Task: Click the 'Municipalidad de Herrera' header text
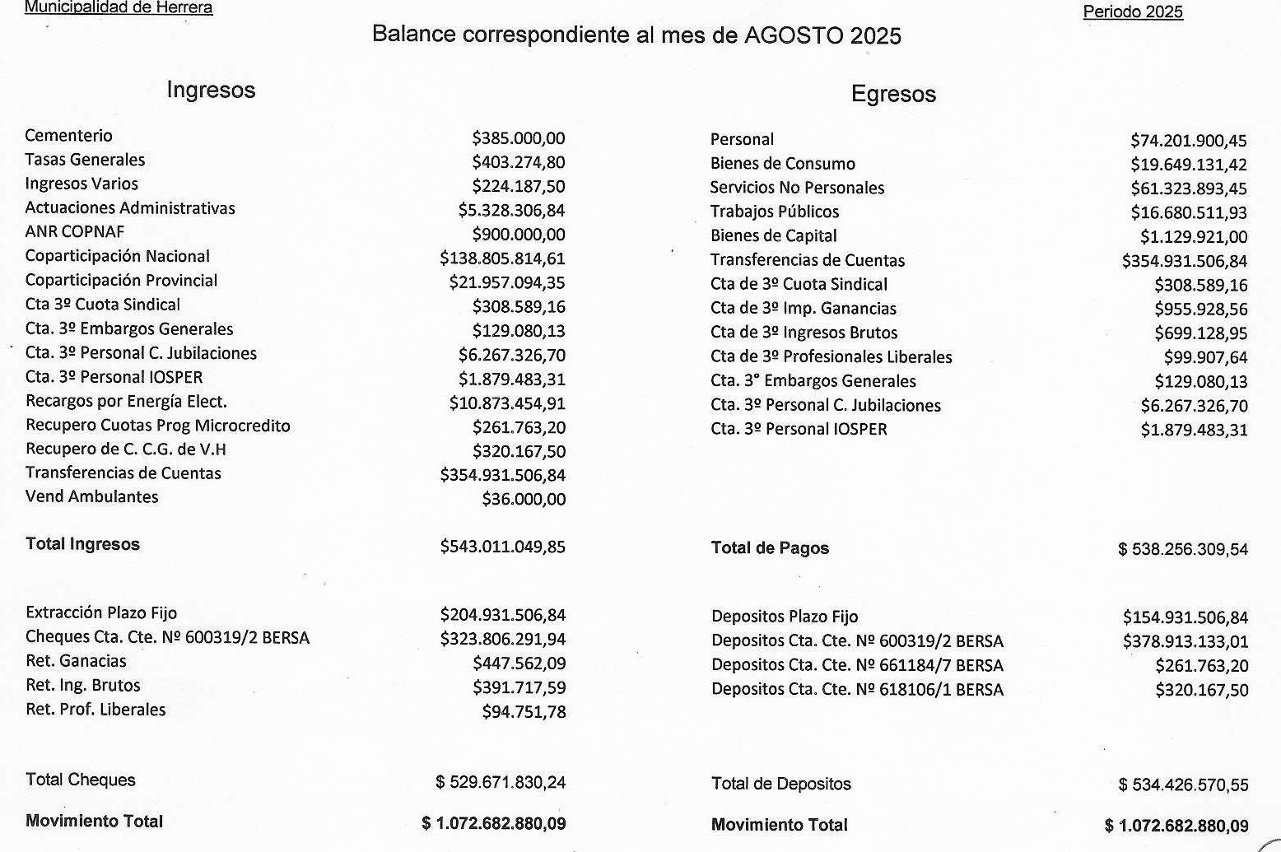(119, 8)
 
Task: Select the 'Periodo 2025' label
(1133, 12)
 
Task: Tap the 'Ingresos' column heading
(211, 90)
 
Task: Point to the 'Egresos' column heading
(893, 94)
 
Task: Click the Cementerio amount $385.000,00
(519, 138)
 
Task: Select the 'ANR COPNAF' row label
(75, 232)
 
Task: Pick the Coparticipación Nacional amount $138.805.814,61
(502, 258)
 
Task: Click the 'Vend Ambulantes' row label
(92, 497)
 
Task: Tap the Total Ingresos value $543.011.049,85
(502, 547)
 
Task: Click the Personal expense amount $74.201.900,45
(1189, 141)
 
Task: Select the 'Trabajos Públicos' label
(775, 212)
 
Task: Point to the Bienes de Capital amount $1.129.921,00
(1194, 237)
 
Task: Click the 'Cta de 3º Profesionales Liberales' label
(831, 357)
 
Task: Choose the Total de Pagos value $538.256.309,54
(1183, 549)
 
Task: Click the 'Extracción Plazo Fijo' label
(101, 613)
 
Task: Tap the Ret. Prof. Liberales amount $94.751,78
(524, 712)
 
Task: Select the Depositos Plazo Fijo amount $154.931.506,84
(1186, 617)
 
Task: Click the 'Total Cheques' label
(81, 780)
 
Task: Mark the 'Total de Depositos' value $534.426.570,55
(1183, 785)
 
